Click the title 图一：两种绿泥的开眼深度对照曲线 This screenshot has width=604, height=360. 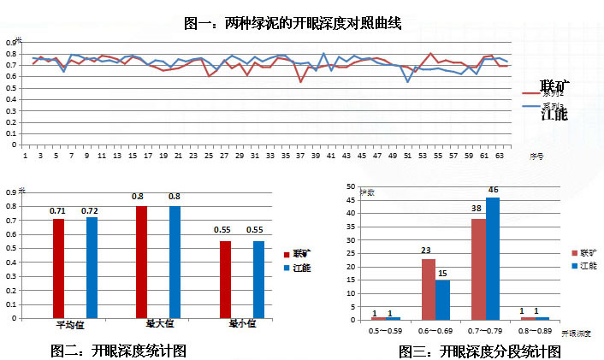293,24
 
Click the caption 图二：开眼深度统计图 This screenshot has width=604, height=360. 118,351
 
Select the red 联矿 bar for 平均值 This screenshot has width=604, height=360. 59,268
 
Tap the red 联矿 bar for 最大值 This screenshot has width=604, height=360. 141,262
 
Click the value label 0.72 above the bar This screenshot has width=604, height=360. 91,210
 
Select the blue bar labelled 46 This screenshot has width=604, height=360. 491,259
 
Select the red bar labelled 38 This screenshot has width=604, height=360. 477,269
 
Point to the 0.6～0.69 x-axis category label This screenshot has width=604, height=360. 434,329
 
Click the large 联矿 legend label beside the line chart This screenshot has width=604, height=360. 555,87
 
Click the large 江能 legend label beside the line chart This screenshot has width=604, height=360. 555,114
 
